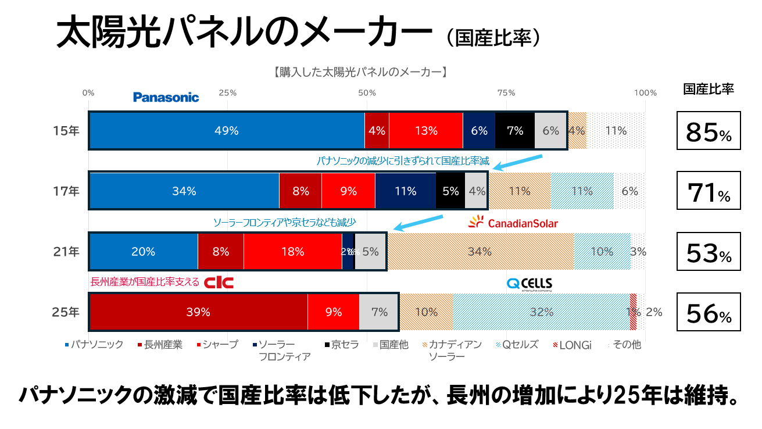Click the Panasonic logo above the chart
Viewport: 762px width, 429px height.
(x=166, y=97)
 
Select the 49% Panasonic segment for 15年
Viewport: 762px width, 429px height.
(x=226, y=131)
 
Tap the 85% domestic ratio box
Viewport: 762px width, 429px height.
(x=708, y=131)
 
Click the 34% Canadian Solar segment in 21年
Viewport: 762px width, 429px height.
(x=480, y=252)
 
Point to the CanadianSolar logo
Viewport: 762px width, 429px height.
(x=513, y=222)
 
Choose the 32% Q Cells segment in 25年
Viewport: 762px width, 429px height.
(x=541, y=312)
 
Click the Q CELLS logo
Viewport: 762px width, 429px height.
(x=529, y=284)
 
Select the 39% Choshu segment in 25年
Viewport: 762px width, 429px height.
(x=198, y=312)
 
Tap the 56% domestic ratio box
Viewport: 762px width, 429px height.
(x=708, y=313)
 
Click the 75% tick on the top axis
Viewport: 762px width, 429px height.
(x=506, y=93)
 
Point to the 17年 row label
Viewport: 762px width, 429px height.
(x=66, y=191)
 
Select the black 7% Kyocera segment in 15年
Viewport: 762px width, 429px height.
(x=514, y=131)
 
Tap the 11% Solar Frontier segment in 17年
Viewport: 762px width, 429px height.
(x=405, y=191)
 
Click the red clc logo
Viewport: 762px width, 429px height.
(x=219, y=283)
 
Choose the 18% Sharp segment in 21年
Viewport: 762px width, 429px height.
(x=292, y=252)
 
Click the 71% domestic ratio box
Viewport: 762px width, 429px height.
(x=708, y=191)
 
